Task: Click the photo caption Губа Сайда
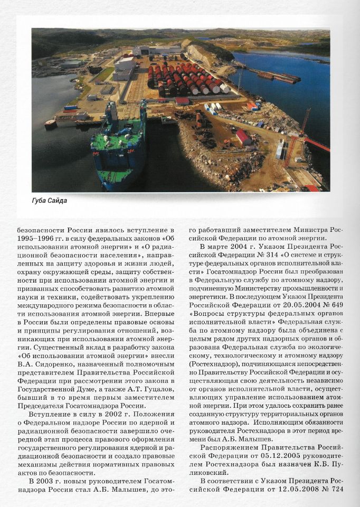tap(50, 201)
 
